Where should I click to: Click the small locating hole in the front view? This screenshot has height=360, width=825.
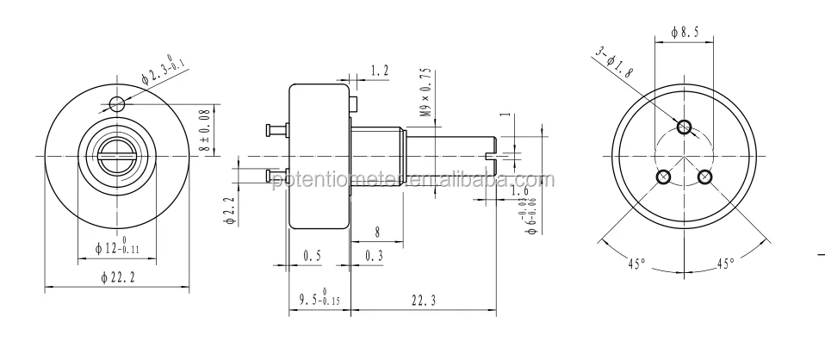(118, 104)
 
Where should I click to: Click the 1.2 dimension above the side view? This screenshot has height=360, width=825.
(379, 70)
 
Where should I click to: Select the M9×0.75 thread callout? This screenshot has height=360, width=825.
(424, 92)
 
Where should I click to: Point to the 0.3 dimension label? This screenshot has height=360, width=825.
(374, 255)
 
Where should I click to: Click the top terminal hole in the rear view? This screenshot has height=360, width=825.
(684, 127)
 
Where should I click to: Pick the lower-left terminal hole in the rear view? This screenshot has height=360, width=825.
(663, 177)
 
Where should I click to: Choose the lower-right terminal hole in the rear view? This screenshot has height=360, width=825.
(704, 177)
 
